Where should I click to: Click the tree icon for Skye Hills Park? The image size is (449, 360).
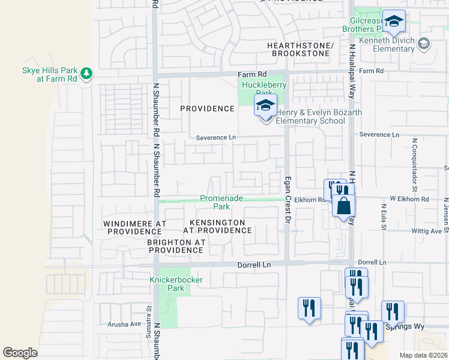pyautogui.click(x=87, y=73)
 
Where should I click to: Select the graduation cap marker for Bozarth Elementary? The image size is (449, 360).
pyautogui.click(x=265, y=106)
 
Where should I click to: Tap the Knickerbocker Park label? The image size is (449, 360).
pyautogui.click(x=167, y=284)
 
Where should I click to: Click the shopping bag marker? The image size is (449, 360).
pyautogui.click(x=343, y=207)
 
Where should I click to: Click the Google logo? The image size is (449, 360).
pyautogui.click(x=20, y=353)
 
